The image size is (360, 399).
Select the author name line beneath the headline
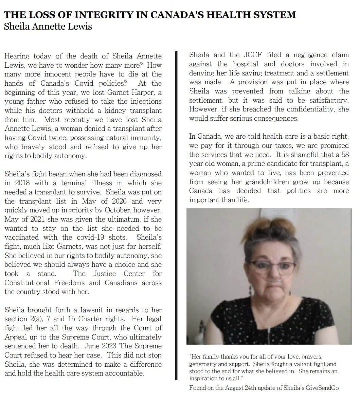[x=48, y=26]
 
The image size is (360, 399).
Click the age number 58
[x=344, y=155]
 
